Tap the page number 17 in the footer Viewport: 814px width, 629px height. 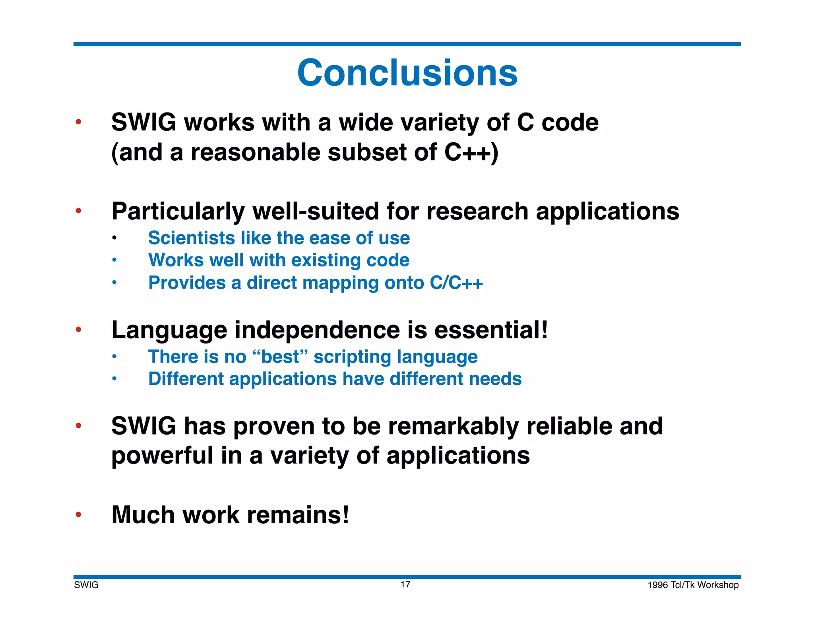click(x=405, y=584)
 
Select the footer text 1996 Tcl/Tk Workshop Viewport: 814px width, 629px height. click(x=693, y=585)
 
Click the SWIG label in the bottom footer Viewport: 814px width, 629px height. click(x=86, y=585)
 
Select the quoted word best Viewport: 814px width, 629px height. click(x=280, y=357)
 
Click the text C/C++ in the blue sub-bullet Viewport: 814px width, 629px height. click(x=456, y=283)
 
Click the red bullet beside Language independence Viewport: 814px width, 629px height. click(x=79, y=329)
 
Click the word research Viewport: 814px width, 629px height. click(x=477, y=211)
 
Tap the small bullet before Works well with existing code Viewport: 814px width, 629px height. click(x=114, y=260)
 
